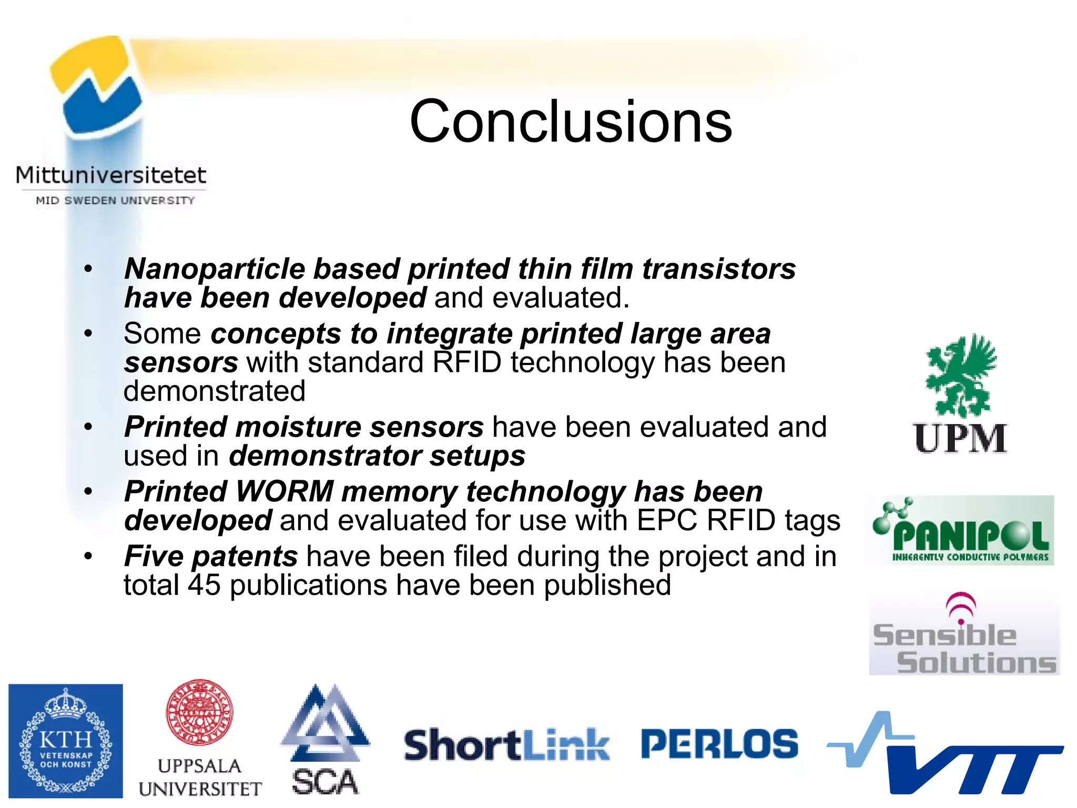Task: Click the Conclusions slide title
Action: point(571,122)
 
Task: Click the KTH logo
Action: point(66,741)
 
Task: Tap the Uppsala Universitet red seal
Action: point(199,712)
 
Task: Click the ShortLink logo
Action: point(506,744)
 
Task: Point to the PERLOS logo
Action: point(719,744)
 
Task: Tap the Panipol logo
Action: point(960,530)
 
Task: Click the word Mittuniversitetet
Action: point(111,175)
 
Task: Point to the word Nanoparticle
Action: point(215,269)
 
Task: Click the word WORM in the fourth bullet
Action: point(285,491)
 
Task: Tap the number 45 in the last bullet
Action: point(204,585)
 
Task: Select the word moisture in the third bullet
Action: point(298,427)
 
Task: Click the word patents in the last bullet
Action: point(245,556)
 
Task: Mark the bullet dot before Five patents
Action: point(88,555)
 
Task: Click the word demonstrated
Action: point(215,391)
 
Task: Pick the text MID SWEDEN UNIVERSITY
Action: point(115,200)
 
